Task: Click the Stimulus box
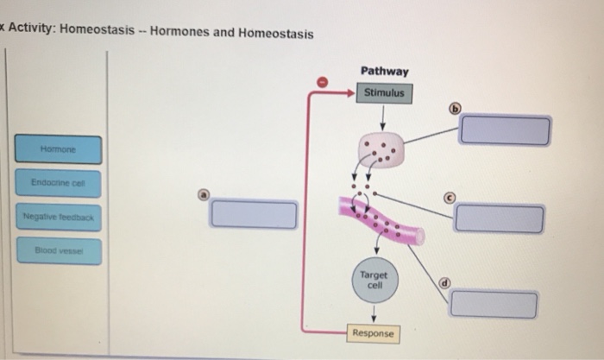pos(384,92)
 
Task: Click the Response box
pos(373,332)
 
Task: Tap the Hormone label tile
pos(59,148)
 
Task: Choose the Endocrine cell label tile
pos(58,183)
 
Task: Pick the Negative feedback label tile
pos(58,218)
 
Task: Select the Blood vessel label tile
pos(58,251)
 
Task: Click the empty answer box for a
pos(253,213)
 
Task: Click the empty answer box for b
pos(505,130)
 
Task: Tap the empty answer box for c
pos(500,218)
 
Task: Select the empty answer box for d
pos(494,304)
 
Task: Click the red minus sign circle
pos(323,81)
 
